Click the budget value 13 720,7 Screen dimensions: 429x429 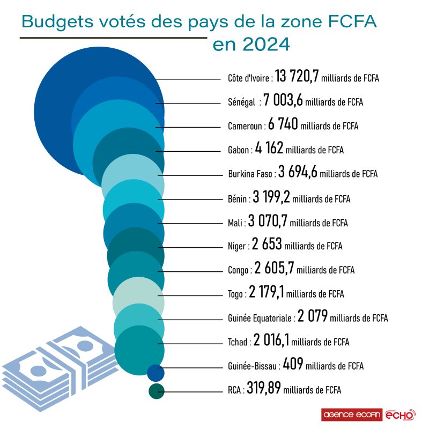tap(297, 77)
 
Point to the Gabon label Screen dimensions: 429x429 tap(234, 151)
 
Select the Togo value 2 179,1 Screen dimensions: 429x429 tap(267, 293)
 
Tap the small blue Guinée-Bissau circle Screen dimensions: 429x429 tap(156, 371)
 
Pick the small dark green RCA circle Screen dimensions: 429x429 tap(156, 391)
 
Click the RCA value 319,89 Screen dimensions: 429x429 tap(264, 390)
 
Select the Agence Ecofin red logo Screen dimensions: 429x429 tap(352, 415)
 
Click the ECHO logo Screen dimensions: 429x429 tap(400, 415)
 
